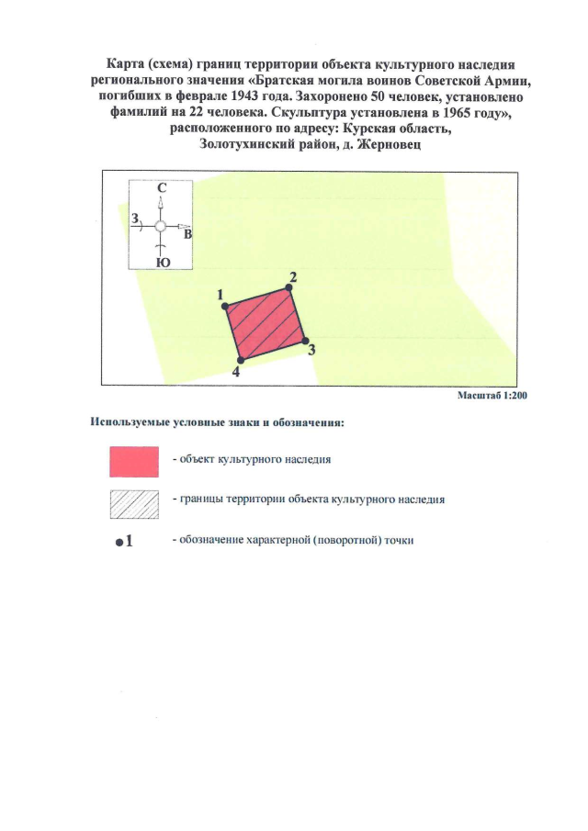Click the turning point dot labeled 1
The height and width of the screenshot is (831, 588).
coord(226,306)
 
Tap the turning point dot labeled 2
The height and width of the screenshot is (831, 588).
coord(291,287)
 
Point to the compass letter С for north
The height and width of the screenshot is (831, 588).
coord(162,187)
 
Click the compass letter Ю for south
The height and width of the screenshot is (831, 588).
coord(163,262)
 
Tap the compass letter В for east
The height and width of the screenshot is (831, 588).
coord(188,235)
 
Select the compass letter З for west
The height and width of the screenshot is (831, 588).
coord(135,219)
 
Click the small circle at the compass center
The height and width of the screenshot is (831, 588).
coord(160,225)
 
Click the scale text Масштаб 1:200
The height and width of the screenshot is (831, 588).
coord(491,395)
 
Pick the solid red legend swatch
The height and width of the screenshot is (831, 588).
coord(134,461)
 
